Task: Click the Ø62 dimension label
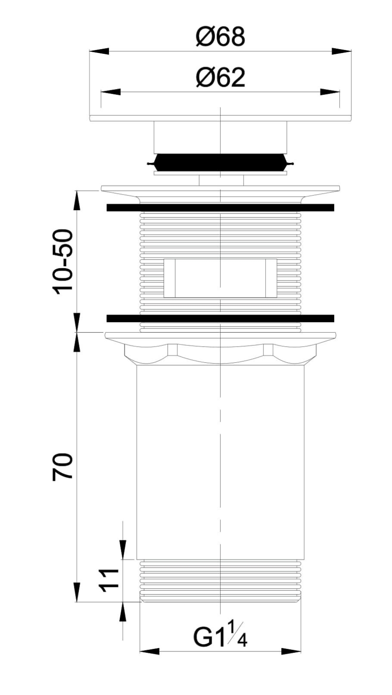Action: pyautogui.click(x=220, y=78)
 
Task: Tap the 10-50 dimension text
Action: pyautogui.click(x=63, y=262)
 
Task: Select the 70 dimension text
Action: pyautogui.click(x=63, y=467)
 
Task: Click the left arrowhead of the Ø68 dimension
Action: pyautogui.click(x=99, y=52)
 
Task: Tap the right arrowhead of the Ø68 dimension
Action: pyautogui.click(x=342, y=52)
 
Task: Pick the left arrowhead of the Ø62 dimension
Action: pyautogui.click(x=111, y=92)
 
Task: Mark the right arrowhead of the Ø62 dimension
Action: pyautogui.click(x=330, y=92)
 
